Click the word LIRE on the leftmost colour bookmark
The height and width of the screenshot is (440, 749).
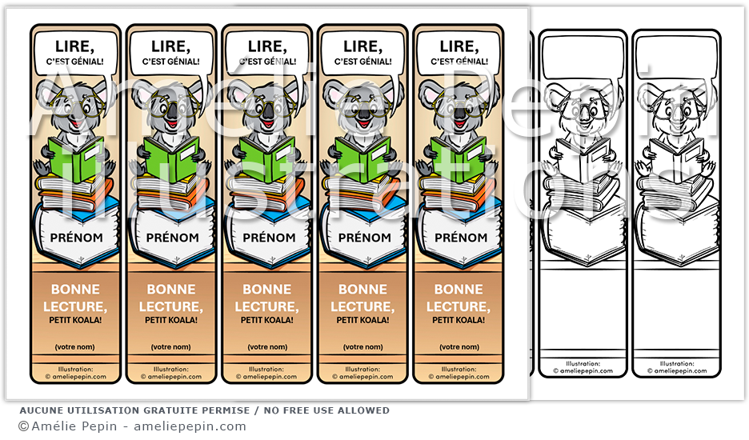pyautogui.click(x=75, y=47)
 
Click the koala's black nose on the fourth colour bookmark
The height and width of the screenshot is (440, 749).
pyautogui.click(x=362, y=112)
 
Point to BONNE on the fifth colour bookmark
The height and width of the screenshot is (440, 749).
pyautogui.click(x=459, y=290)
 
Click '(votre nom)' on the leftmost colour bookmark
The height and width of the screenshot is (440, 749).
pyautogui.click(x=75, y=347)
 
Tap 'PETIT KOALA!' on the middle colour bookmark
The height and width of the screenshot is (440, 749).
pyautogui.click(x=267, y=320)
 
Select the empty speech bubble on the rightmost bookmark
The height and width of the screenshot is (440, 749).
pyautogui.click(x=676, y=58)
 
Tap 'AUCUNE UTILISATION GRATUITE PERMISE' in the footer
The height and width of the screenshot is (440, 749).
pyautogui.click(x=133, y=410)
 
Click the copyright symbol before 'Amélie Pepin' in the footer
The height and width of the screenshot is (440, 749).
pyautogui.click(x=23, y=426)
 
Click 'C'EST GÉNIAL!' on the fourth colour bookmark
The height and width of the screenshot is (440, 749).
pyautogui.click(x=362, y=62)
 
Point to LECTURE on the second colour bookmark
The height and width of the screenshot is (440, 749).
pyautogui.click(x=171, y=306)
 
